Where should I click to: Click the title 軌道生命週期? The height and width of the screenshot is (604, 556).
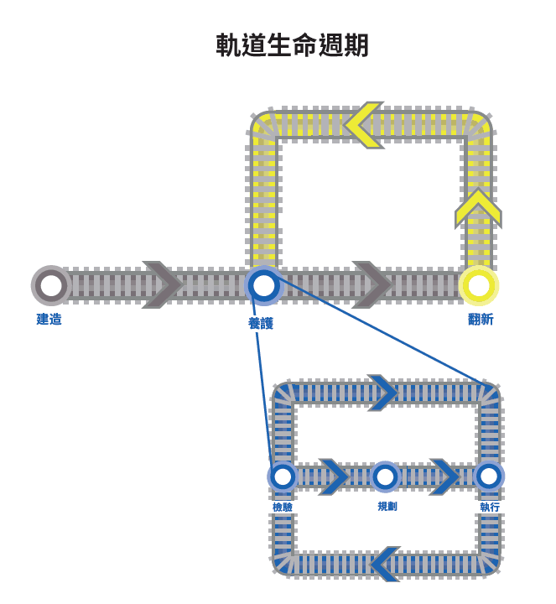point(292,45)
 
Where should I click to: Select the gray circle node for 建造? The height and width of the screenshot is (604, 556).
point(51,285)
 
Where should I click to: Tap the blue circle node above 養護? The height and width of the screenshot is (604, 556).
point(263,285)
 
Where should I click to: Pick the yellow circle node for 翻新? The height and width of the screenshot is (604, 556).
point(478,285)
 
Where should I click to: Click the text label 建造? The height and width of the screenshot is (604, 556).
point(49,320)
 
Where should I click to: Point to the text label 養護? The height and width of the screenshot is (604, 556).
point(261,323)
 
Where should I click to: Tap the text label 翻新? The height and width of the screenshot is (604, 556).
point(481,320)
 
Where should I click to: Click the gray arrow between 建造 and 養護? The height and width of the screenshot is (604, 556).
point(163,285)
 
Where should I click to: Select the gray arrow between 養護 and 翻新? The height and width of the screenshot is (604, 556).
point(372,285)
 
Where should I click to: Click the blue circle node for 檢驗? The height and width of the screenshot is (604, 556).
point(283,476)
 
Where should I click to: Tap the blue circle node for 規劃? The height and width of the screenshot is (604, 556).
point(385,476)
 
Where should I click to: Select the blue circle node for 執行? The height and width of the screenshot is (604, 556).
point(488,476)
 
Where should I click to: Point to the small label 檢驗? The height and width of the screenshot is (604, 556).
point(283,507)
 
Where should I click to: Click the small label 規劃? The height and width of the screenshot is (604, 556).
point(387,507)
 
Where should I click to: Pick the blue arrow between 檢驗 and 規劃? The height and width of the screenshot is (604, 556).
point(333,476)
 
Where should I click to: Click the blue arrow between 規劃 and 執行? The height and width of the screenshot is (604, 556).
point(444,476)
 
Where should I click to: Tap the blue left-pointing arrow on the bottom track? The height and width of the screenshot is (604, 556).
point(386,564)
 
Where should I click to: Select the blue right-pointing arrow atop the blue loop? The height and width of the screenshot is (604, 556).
point(382,393)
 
